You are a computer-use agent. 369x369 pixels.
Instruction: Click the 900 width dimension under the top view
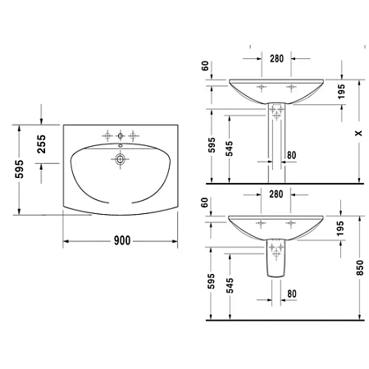pos(121,240)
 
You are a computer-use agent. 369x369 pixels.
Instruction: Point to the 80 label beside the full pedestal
pos(291,155)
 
